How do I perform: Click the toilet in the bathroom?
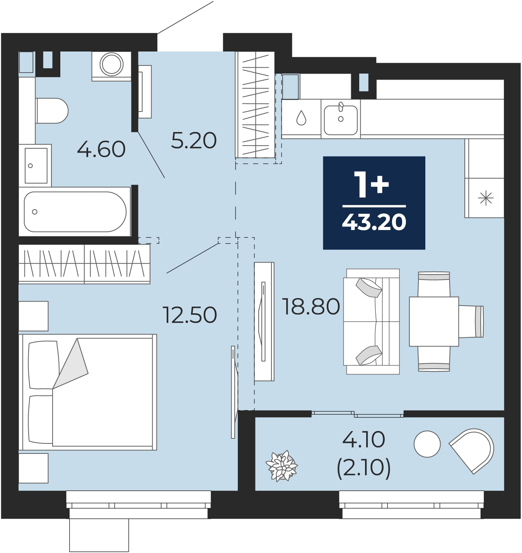52,110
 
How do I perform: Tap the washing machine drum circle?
111,64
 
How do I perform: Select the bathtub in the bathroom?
75,211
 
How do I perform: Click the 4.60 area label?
101,149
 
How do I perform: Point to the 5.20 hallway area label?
194,140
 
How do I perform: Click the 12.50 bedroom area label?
190,315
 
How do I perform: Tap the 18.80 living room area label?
312,307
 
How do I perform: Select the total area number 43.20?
374,222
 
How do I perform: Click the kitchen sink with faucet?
341,119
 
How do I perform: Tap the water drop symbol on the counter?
302,118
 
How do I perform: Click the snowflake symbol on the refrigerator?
486,198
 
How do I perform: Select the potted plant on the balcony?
282,466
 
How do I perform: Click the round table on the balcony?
427,444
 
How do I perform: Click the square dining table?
434,321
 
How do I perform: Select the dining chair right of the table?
471,321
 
